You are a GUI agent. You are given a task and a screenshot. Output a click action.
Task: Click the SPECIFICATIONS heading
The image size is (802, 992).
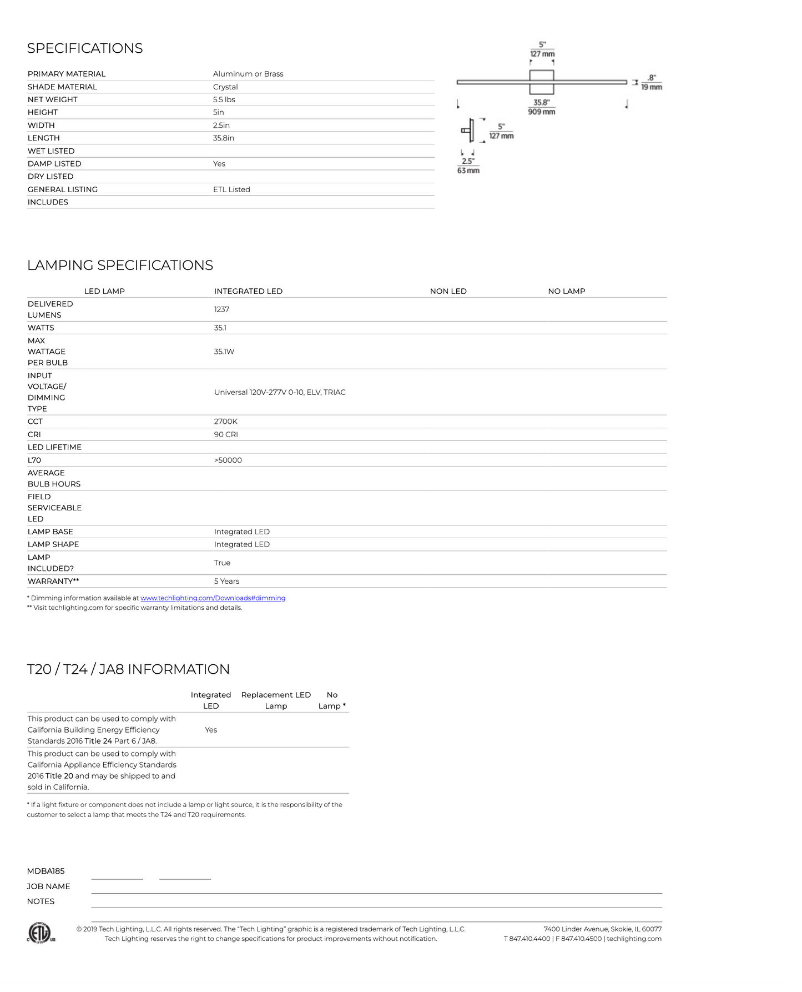click(x=85, y=48)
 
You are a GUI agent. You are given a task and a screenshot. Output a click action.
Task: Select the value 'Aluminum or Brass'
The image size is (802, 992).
click(x=248, y=74)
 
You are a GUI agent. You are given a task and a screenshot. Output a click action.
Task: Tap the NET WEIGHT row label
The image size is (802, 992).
click(x=53, y=99)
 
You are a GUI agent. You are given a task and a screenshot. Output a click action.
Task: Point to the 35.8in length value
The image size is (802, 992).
click(x=224, y=138)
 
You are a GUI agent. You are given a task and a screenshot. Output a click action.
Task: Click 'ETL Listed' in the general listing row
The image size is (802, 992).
click(x=231, y=189)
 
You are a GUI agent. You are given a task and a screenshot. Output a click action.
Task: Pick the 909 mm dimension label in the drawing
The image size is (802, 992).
click(x=541, y=112)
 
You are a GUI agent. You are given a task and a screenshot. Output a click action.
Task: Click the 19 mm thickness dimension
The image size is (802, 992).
click(x=652, y=87)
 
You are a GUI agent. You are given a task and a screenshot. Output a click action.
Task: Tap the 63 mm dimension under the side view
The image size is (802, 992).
click(x=468, y=171)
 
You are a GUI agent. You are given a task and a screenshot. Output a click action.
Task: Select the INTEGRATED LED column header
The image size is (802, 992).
click(x=248, y=291)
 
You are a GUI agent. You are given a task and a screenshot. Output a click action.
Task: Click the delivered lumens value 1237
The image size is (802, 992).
click(x=221, y=309)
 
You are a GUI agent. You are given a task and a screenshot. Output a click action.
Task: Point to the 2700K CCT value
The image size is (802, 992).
click(x=225, y=422)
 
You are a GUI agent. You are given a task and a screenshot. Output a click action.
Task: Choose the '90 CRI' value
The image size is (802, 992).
click(x=226, y=434)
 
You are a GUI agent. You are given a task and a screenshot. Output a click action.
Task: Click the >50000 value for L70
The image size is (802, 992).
click(x=228, y=460)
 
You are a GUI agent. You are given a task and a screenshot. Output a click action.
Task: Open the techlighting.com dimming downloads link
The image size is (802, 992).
click(x=213, y=598)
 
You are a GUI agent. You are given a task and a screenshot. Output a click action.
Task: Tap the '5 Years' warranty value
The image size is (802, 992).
click(x=226, y=581)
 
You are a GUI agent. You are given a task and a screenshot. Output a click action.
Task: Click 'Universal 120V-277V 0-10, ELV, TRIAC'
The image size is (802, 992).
click(x=280, y=392)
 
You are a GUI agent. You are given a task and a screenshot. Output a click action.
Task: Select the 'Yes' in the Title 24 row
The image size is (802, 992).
click(x=211, y=730)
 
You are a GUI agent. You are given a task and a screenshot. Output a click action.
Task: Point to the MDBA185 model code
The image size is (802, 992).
click(x=46, y=871)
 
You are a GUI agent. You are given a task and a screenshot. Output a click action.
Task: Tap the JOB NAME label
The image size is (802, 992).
click(x=48, y=886)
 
